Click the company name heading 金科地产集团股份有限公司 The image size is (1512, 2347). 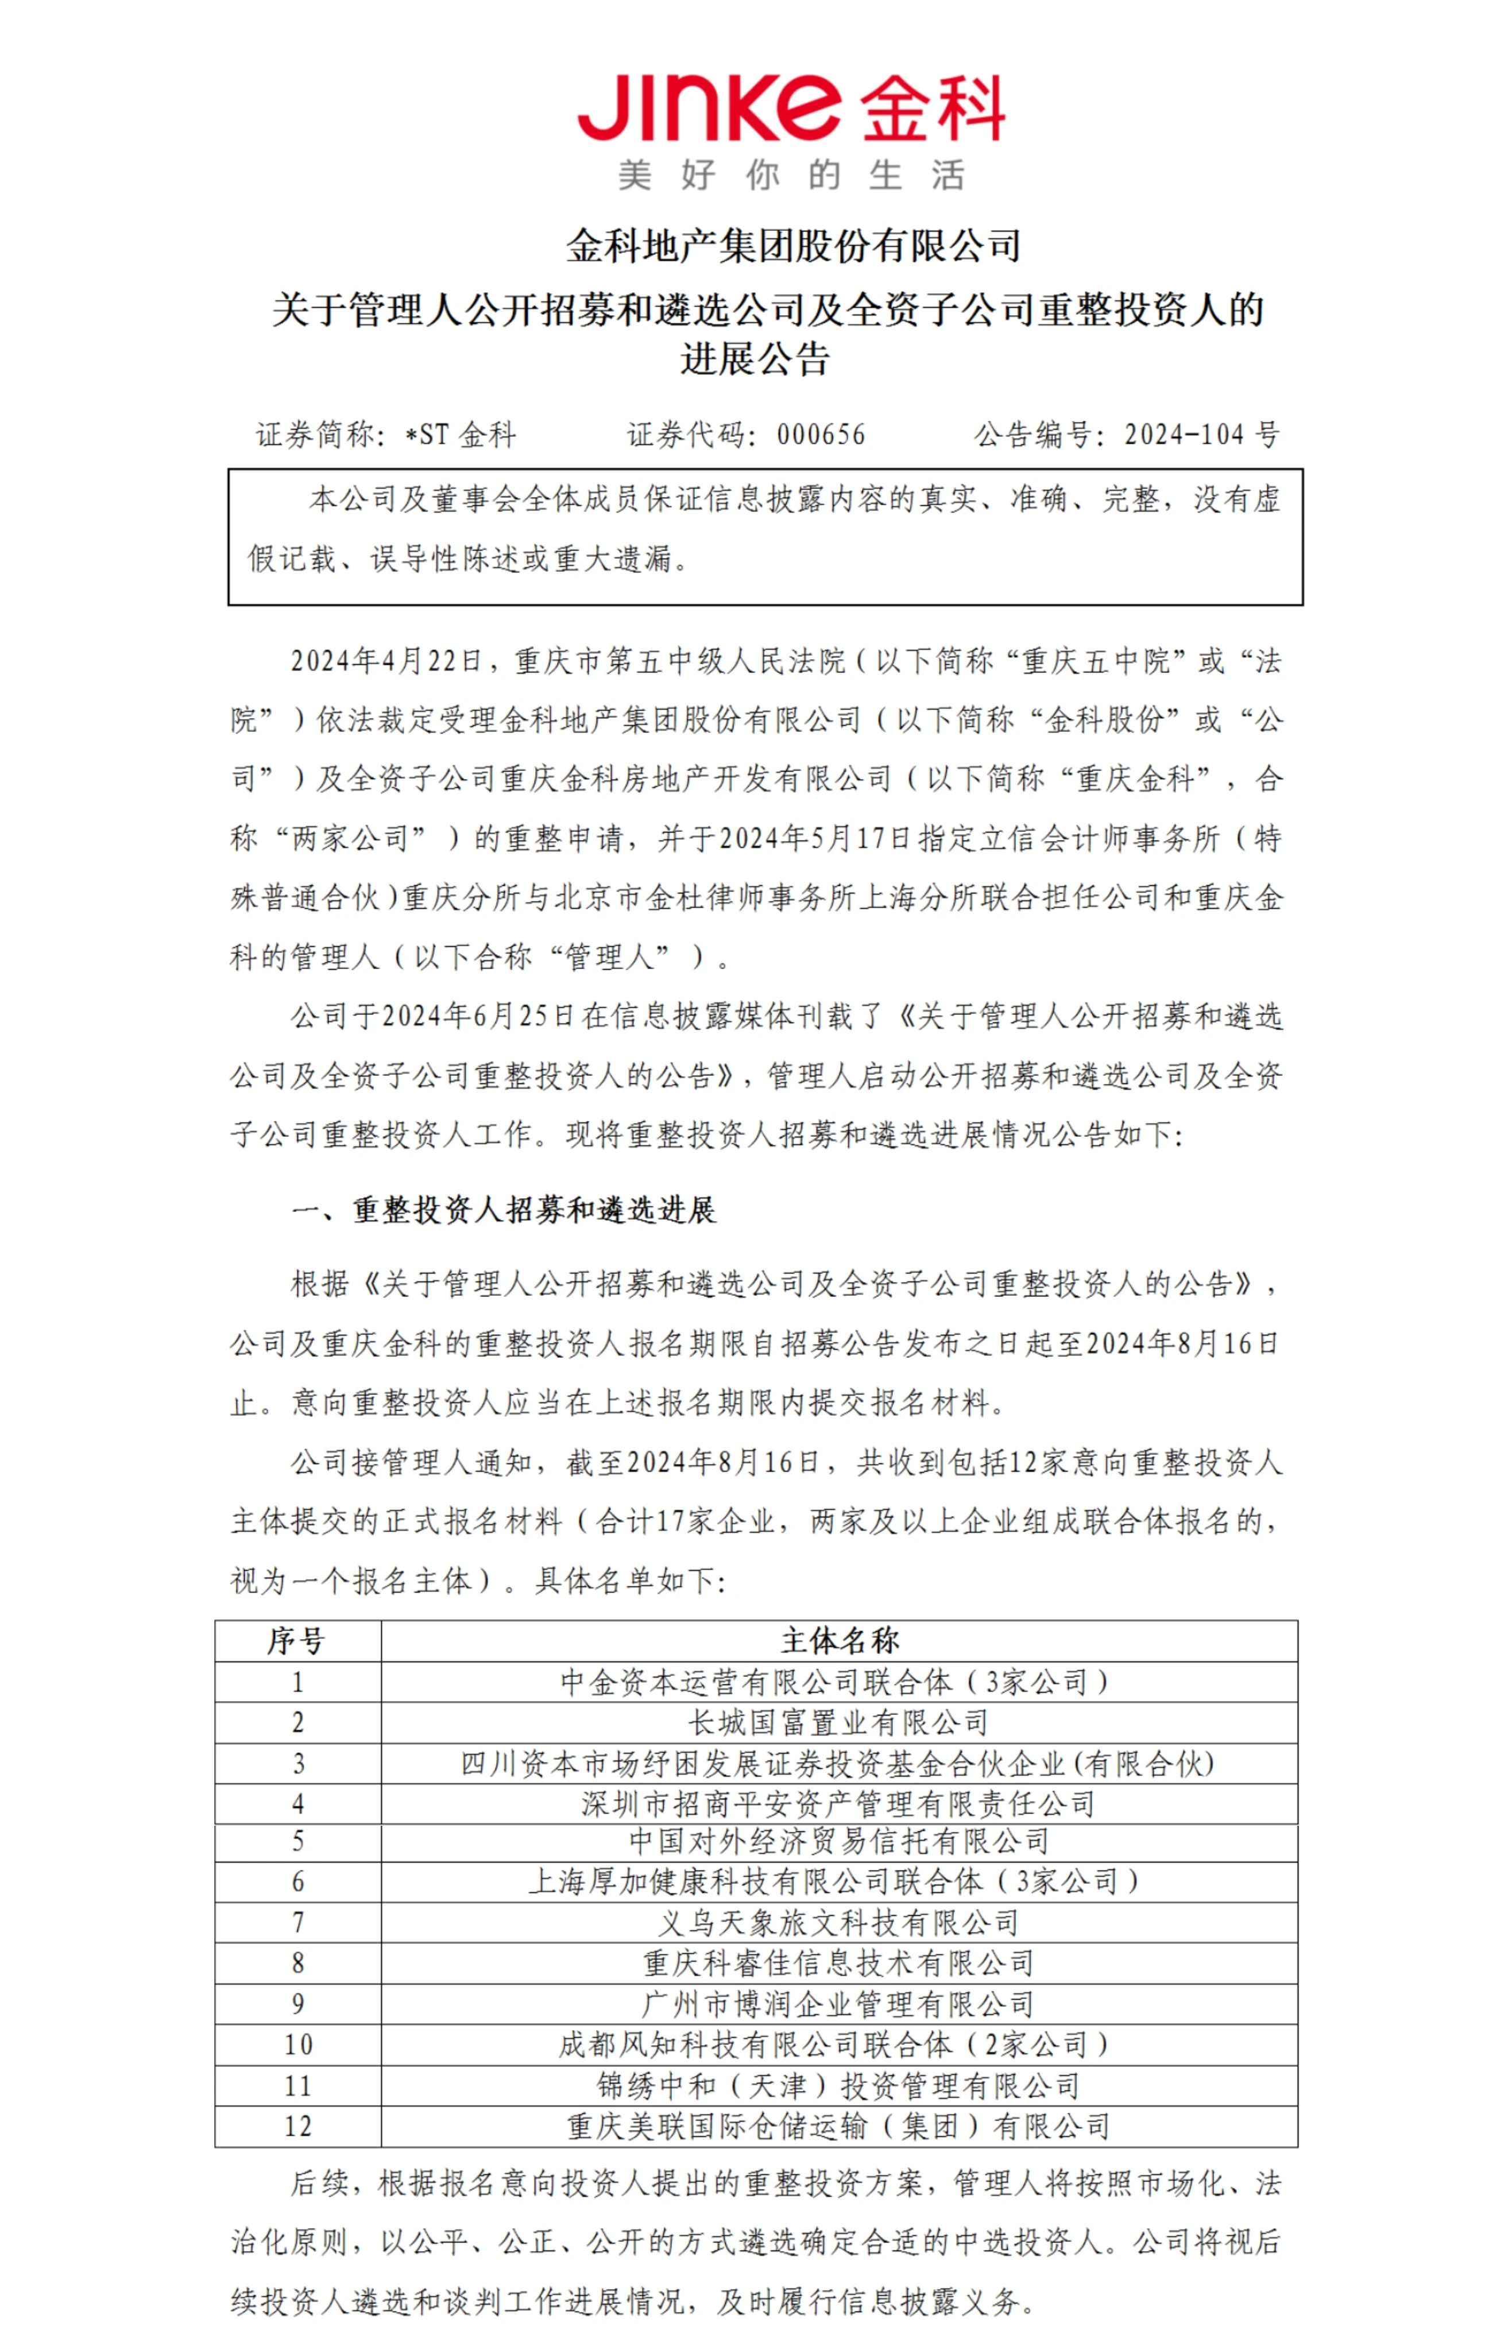(793, 245)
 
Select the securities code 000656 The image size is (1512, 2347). (821, 435)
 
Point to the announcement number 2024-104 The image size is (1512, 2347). (1183, 435)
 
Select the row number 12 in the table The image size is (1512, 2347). (297, 2126)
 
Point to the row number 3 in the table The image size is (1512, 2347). (297, 1763)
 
